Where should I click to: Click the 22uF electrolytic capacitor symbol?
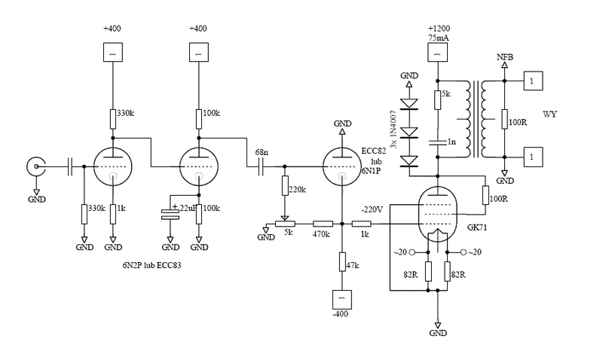tap(170, 213)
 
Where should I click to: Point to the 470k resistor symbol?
tap(323, 224)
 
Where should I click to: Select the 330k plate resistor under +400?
tap(112, 114)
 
